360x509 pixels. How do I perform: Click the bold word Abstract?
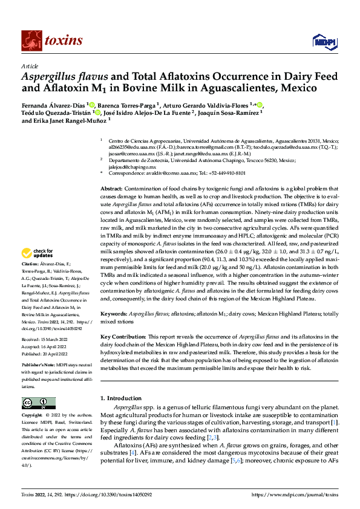113,189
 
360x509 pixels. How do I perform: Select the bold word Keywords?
114,314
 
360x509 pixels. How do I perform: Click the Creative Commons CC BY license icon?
36,403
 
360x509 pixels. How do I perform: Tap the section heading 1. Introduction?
120,398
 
